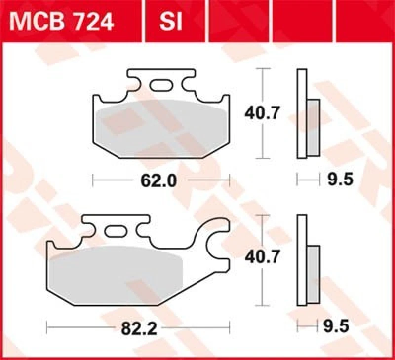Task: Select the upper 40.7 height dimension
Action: pyautogui.click(x=262, y=114)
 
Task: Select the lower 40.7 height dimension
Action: pyautogui.click(x=262, y=256)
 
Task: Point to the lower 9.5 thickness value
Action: pyautogui.click(x=339, y=325)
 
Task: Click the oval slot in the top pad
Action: pyautogui.click(x=159, y=85)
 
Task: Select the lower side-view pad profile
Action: pyautogui.click(x=302, y=260)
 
